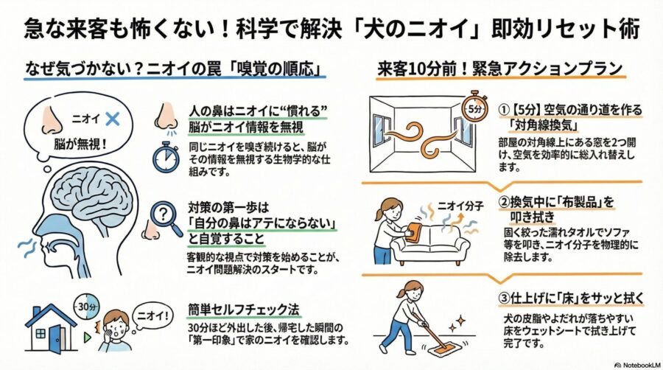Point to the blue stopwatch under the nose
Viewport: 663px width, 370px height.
(x=166, y=157)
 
